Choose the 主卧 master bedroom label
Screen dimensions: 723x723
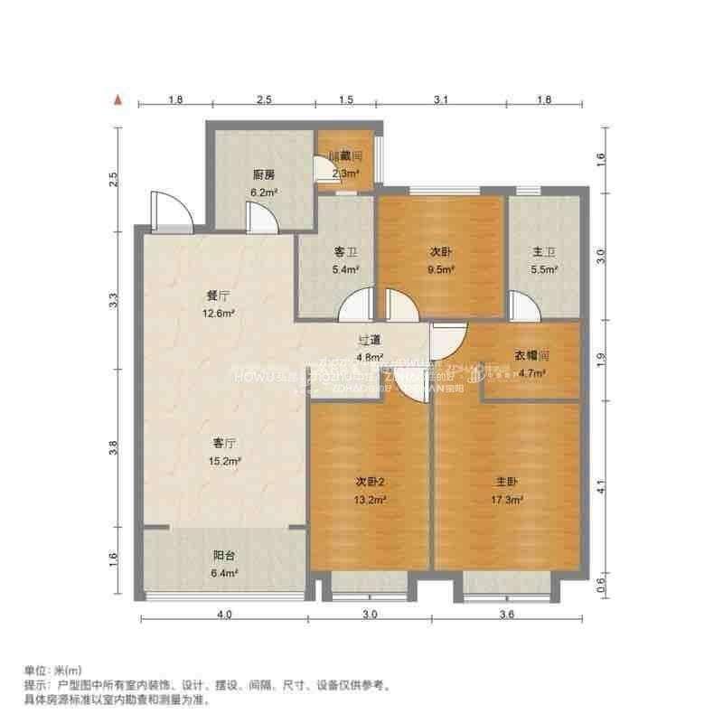point(507,481)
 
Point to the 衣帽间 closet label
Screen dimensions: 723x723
point(532,355)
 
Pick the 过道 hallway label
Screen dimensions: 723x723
point(369,340)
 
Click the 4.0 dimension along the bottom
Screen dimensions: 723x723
point(224,615)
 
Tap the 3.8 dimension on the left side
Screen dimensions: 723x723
point(114,447)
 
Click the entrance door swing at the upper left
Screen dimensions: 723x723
point(169,210)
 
